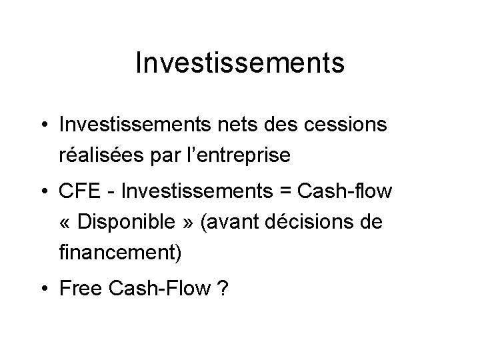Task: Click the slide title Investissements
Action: (x=239, y=63)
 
